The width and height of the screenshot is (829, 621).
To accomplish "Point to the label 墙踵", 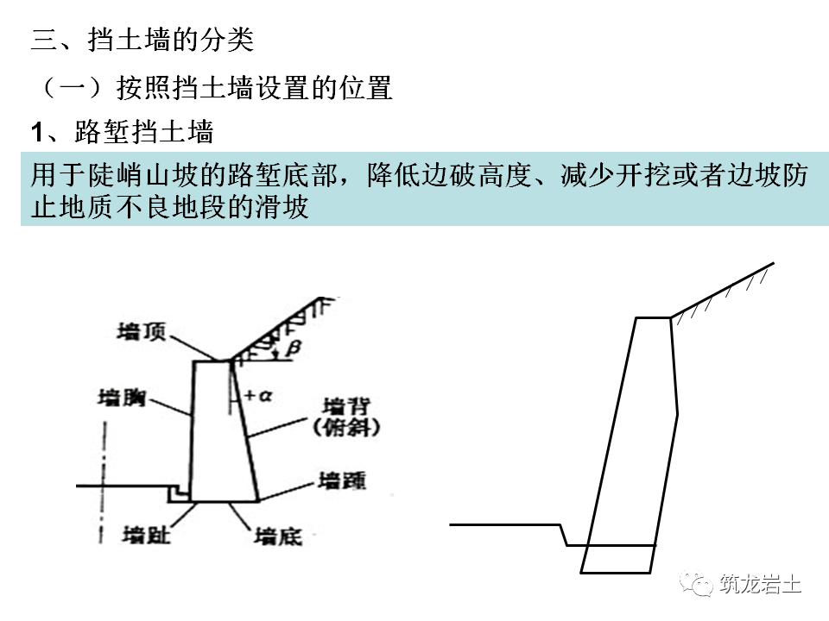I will tap(341, 480).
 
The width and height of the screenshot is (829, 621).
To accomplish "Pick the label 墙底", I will tap(278, 536).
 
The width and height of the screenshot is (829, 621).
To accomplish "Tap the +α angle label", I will tap(257, 396).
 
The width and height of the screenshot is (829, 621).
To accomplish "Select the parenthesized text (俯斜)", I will tap(347, 426).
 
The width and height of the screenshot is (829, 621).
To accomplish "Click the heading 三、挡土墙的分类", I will tap(142, 41).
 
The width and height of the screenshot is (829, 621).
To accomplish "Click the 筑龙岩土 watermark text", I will tap(759, 586).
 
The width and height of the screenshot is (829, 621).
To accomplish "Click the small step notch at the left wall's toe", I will tap(176, 494).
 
